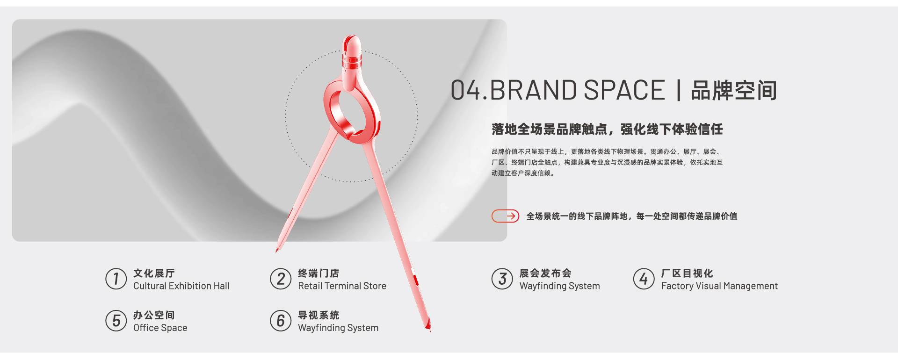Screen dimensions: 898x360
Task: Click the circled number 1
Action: pyautogui.click(x=116, y=279)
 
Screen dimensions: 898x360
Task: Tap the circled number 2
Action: pyautogui.click(x=281, y=279)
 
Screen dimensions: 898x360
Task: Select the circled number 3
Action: pyautogui.click(x=502, y=279)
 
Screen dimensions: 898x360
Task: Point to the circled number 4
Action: pyautogui.click(x=644, y=279)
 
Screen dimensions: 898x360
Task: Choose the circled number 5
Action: pyautogui.click(x=116, y=321)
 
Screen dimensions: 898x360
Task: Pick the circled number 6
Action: pyautogui.click(x=281, y=321)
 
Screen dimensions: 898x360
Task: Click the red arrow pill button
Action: pyautogui.click(x=505, y=216)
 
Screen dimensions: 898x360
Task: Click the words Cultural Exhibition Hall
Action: pyautogui.click(x=181, y=286)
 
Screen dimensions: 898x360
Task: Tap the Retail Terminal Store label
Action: pyautogui.click(x=342, y=286)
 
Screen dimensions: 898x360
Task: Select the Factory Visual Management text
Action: pyautogui.click(x=719, y=286)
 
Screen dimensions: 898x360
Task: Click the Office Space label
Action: pyautogui.click(x=160, y=328)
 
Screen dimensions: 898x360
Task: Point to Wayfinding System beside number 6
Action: pyautogui.click(x=338, y=328)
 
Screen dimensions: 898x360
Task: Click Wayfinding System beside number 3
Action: pyautogui.click(x=560, y=286)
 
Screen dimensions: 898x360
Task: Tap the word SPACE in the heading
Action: pyautogui.click(x=624, y=90)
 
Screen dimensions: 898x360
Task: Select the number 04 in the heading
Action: pyautogui.click(x=465, y=90)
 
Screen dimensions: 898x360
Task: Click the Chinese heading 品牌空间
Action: pyautogui.click(x=734, y=90)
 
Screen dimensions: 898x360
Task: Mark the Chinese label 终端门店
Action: pyautogui.click(x=319, y=273)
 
